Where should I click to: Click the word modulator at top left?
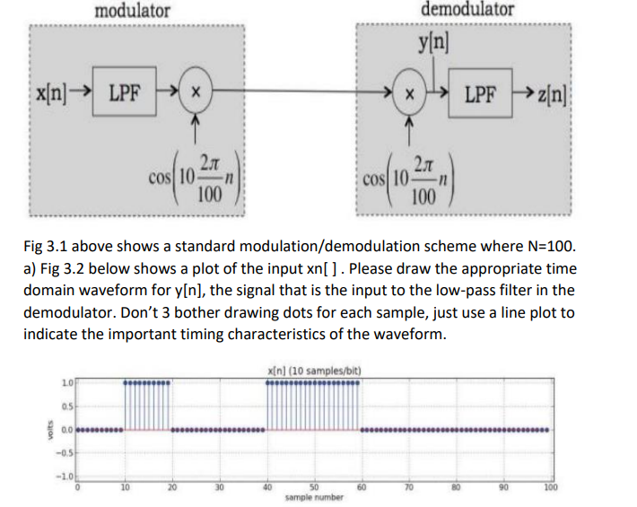pyautogui.click(x=132, y=11)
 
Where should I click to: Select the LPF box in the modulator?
pyautogui.click(x=128, y=92)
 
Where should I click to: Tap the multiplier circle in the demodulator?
pyautogui.click(x=410, y=92)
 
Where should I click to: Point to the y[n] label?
pyautogui.click(x=434, y=44)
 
